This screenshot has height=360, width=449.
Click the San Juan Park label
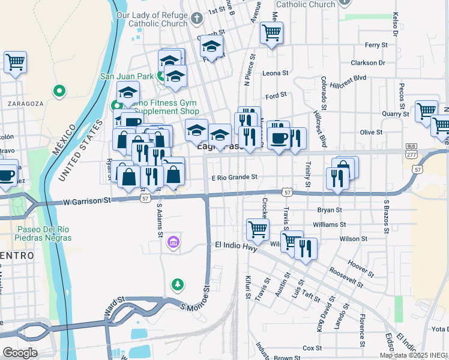tap(127, 76)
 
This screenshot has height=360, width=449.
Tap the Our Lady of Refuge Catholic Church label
tap(152, 20)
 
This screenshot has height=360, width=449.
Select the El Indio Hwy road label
tap(236, 245)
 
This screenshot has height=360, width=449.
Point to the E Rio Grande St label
tap(234, 177)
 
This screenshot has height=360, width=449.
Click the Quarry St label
tap(395, 113)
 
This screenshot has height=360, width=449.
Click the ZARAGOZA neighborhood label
tap(25, 103)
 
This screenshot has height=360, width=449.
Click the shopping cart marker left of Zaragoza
tap(15, 61)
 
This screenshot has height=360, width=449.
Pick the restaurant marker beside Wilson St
tap(306, 248)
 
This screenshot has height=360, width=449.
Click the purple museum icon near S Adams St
tap(173, 242)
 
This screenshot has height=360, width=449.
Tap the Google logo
tap(20, 352)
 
